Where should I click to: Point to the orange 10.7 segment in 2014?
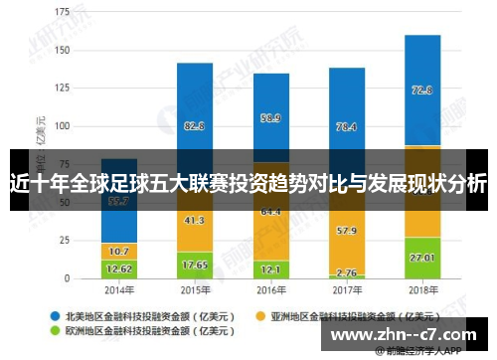click(119, 251)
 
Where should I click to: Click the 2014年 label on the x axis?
click(119, 289)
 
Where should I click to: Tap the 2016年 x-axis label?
click(270, 289)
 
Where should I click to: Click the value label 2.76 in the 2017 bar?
click(346, 270)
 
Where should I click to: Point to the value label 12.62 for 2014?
click(119, 269)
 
